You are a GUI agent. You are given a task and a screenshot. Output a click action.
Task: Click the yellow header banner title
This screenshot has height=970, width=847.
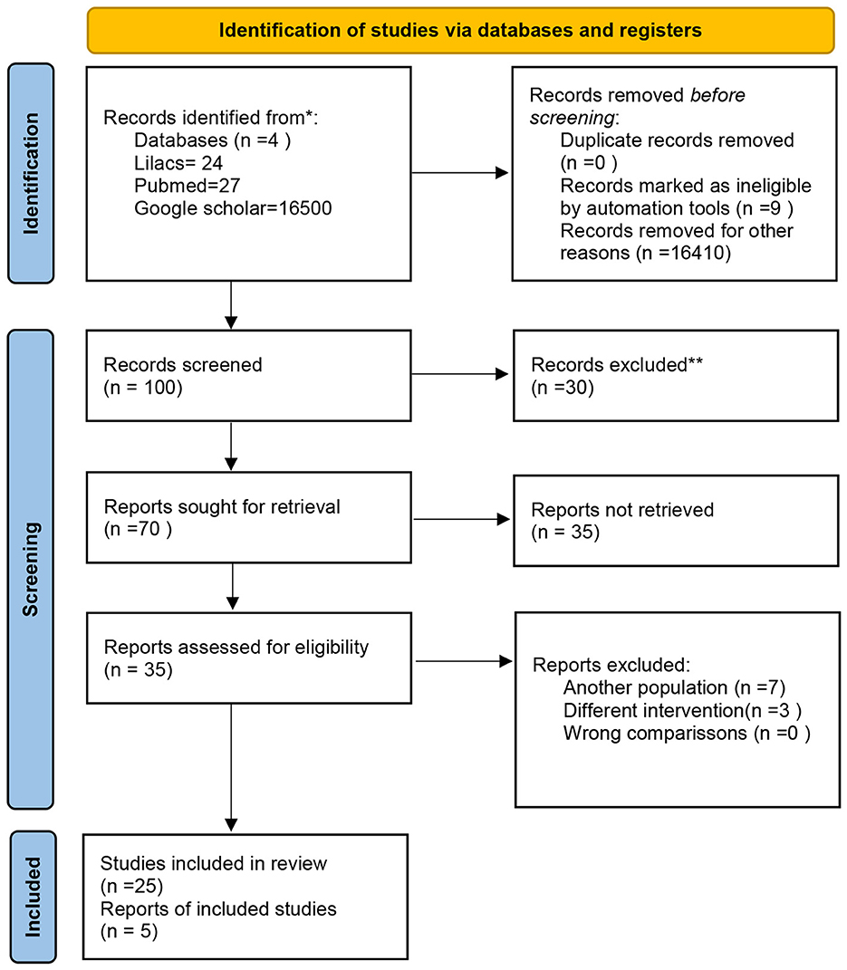point(460,30)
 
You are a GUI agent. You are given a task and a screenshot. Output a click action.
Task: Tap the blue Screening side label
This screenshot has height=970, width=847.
point(33,570)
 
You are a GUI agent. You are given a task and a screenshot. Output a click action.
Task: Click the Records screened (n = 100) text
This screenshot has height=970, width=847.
point(182,376)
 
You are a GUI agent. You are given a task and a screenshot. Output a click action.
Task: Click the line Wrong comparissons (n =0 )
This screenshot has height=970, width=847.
point(686,732)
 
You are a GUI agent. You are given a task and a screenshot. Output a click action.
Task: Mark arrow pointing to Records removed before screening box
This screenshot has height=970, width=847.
point(460,173)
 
